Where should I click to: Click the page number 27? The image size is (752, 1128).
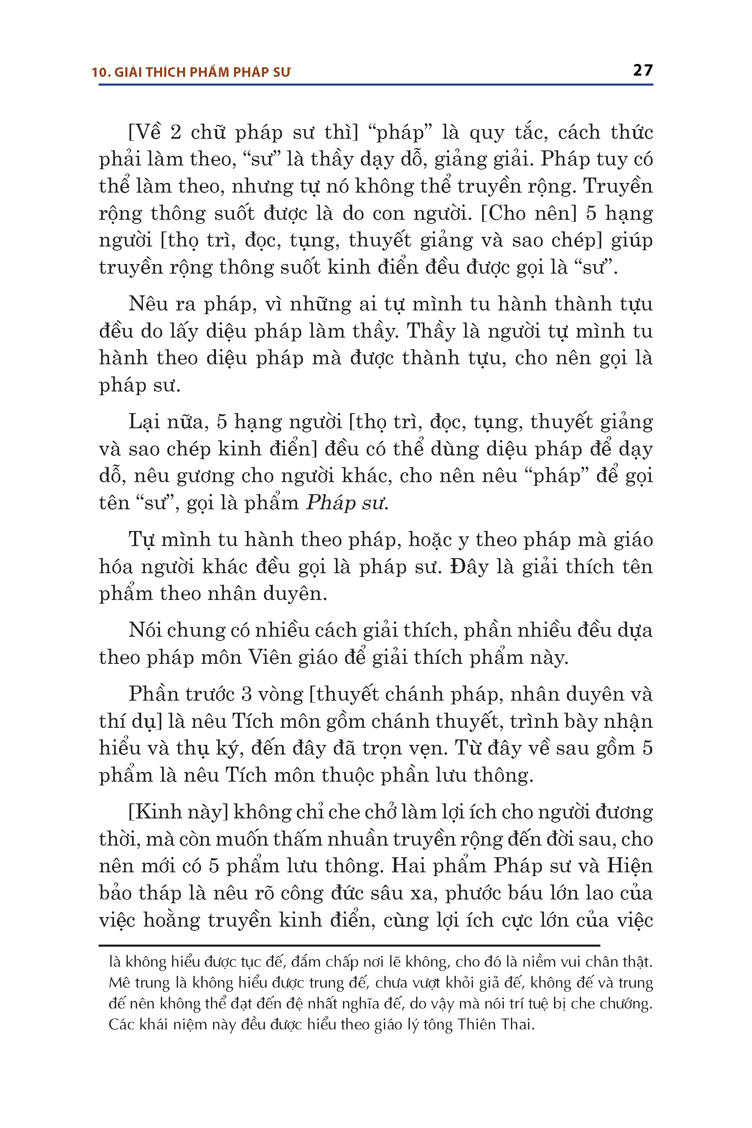643,71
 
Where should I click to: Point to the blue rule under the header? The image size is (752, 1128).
376,85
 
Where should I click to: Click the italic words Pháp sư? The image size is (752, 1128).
346,503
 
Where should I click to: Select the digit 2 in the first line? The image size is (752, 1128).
176,132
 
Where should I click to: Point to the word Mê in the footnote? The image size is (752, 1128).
119,983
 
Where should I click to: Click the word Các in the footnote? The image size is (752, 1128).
121,1025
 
